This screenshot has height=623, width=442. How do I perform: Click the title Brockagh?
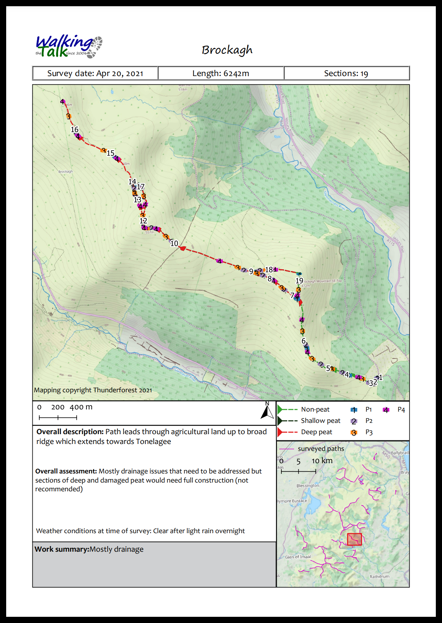click(x=227, y=50)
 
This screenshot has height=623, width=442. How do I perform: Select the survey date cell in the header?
click(x=95, y=73)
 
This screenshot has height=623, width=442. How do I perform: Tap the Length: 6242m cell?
click(x=221, y=73)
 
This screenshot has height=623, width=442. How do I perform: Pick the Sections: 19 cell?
click(x=346, y=73)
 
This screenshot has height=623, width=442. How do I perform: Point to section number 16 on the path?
click(x=75, y=130)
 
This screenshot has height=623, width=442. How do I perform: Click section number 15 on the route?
click(x=110, y=153)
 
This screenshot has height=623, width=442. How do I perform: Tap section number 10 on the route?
click(x=174, y=243)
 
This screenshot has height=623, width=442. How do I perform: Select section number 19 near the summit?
click(x=299, y=281)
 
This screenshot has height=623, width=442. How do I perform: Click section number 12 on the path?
click(x=143, y=221)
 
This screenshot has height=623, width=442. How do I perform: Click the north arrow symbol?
click(x=267, y=411)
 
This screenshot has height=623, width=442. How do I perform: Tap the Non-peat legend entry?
click(x=315, y=409)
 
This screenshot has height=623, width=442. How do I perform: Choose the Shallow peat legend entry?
click(x=320, y=421)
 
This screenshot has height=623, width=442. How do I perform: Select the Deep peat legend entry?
click(x=316, y=432)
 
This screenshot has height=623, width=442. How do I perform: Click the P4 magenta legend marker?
click(x=386, y=410)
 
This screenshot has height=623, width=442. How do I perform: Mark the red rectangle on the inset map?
click(x=354, y=539)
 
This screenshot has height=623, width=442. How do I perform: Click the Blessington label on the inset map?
click(x=308, y=485)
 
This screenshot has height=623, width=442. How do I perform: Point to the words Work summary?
click(x=62, y=549)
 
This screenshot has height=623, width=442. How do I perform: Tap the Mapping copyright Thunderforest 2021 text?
click(x=93, y=390)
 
